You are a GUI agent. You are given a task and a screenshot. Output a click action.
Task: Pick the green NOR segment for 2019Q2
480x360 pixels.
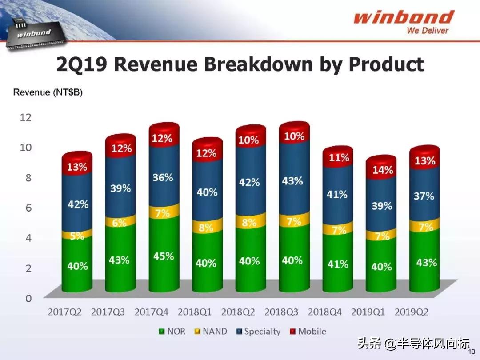425,262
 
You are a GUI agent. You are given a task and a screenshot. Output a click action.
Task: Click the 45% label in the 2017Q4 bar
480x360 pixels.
164,257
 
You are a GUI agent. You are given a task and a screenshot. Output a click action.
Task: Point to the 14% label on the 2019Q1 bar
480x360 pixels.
382,170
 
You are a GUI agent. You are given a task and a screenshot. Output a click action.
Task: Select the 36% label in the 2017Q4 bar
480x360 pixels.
163,177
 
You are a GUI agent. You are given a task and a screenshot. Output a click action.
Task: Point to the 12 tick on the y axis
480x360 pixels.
26,117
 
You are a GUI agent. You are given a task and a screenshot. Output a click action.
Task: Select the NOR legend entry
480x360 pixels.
172,332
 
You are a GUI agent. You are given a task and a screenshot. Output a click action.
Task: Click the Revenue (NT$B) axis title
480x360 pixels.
48,92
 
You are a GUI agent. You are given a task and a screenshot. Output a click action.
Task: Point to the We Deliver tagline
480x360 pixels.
428,31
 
